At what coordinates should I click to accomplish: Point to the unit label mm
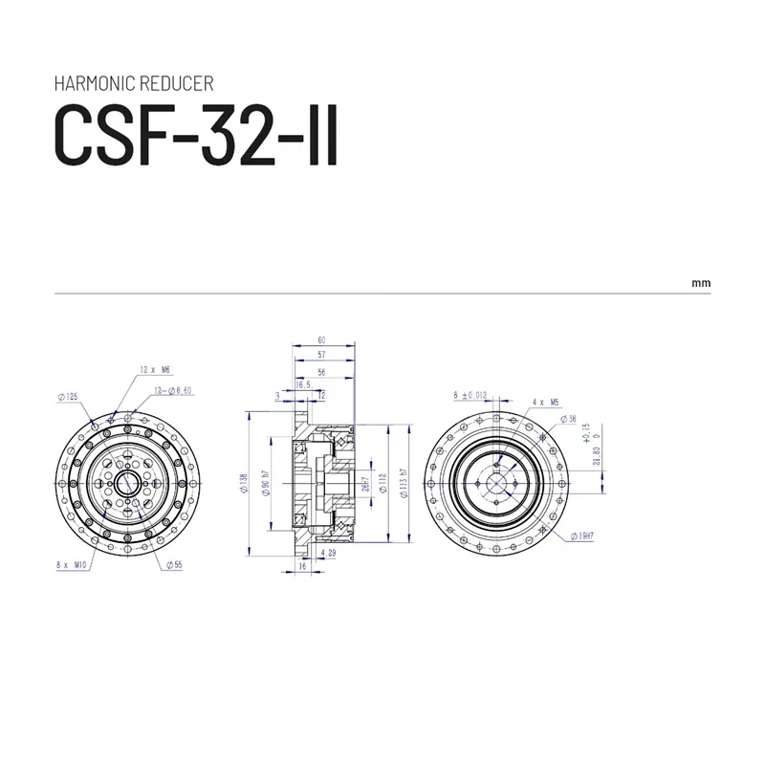coord(701,284)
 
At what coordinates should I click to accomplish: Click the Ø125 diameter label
coord(68,396)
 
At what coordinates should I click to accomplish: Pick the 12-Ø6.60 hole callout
coord(174,391)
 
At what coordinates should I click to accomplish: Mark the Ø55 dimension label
coord(173,565)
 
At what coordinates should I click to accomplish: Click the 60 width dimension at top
coord(322,339)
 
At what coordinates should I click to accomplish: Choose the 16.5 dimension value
coord(303,383)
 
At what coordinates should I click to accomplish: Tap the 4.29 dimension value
coord(330,553)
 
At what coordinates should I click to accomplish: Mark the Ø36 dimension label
coord(571,419)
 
